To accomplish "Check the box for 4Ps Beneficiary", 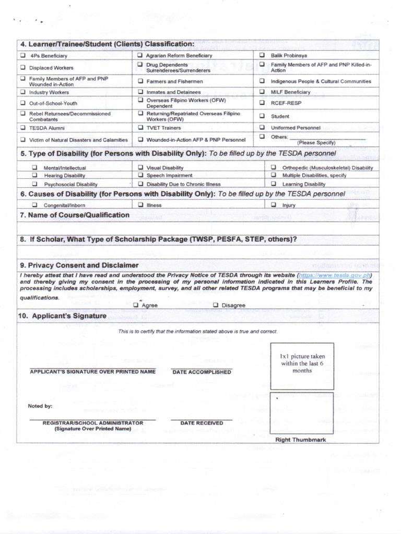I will pyautogui.click(x=22, y=55).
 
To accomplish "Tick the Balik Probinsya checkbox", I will pyautogui.click(x=262, y=55).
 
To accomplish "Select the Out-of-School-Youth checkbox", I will pyautogui.click(x=22, y=103).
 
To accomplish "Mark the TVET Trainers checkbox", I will pyautogui.click(x=140, y=127).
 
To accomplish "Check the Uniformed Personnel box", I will pyautogui.click(x=262, y=127).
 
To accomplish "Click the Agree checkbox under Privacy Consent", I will pyautogui.click(x=136, y=305).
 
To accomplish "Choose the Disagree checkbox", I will pyautogui.click(x=216, y=305).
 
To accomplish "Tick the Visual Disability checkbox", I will pyautogui.click(x=140, y=167).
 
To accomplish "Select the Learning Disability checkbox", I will pyautogui.click(x=273, y=184).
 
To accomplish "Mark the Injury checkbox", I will pyautogui.click(x=273, y=205).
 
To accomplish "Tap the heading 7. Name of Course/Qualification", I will pyautogui.click(x=78, y=215).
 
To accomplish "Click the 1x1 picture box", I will pyautogui.click(x=302, y=366).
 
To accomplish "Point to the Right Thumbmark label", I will pyautogui.click(x=300, y=440).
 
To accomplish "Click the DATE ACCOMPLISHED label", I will pyautogui.click(x=202, y=372).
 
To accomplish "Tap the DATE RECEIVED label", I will pyautogui.click(x=202, y=423).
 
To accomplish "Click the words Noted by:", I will pyautogui.click(x=40, y=406).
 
